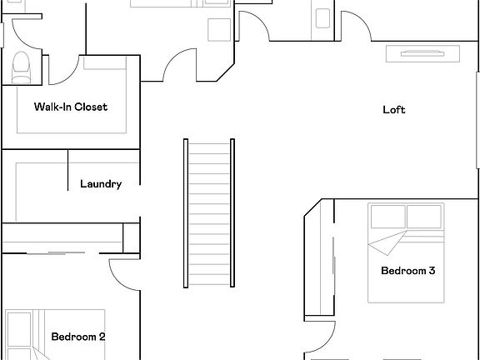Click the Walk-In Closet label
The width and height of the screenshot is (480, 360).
click(x=70, y=107)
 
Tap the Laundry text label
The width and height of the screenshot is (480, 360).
click(x=101, y=184)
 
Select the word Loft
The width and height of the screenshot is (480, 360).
click(x=394, y=110)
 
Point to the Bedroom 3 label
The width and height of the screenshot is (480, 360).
click(x=408, y=271)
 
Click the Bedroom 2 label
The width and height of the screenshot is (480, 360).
click(x=77, y=337)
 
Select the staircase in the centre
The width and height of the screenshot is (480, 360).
click(x=207, y=214)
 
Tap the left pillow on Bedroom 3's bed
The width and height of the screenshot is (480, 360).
click(x=387, y=217)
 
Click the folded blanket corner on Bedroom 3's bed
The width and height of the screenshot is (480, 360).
click(x=385, y=247)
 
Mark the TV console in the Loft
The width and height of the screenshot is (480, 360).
click(x=422, y=54)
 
